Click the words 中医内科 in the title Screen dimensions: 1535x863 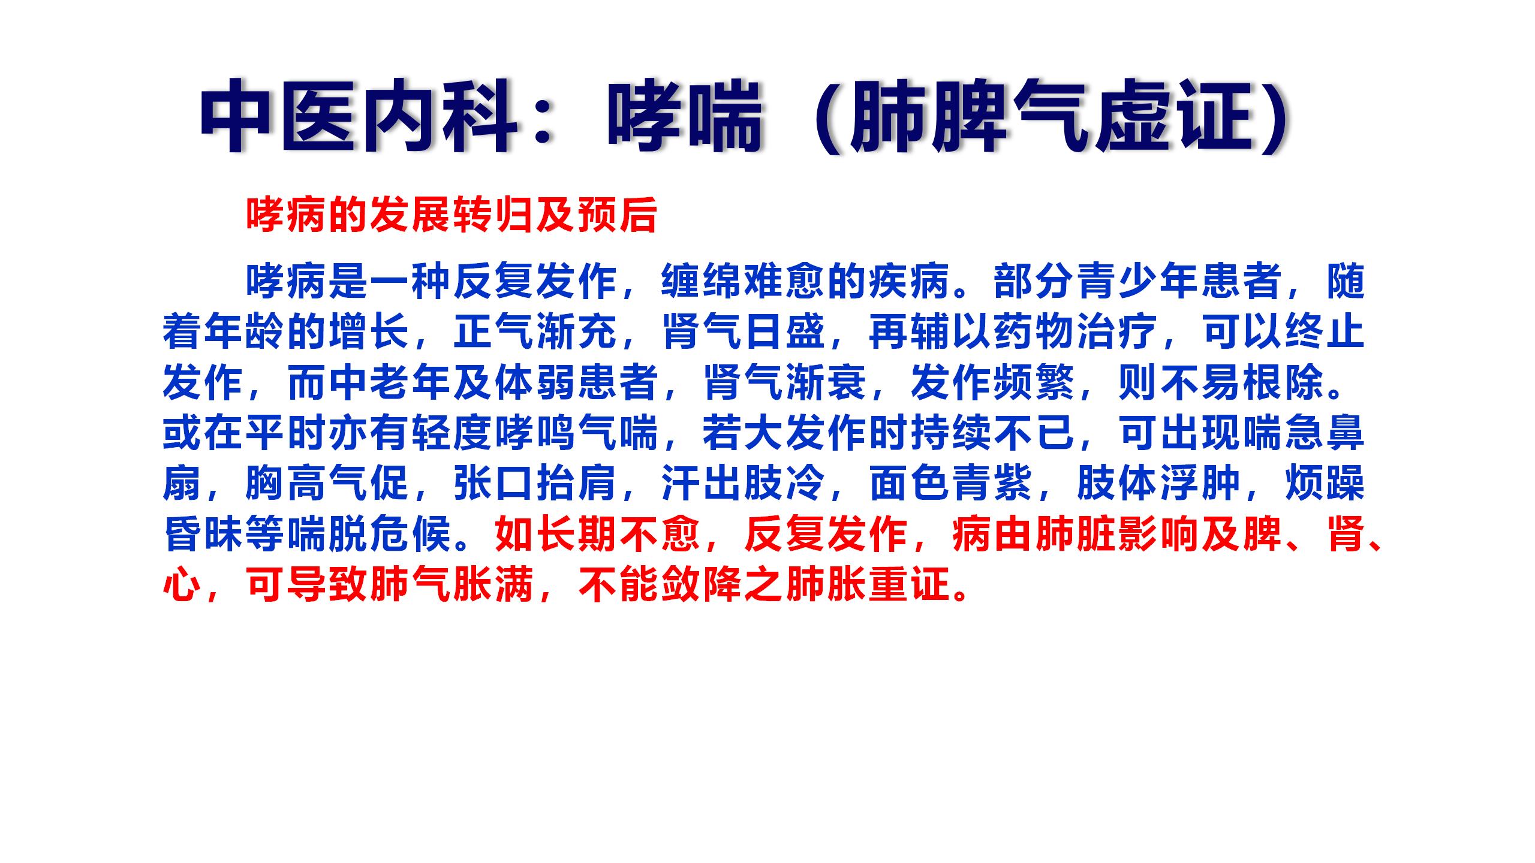coord(359,117)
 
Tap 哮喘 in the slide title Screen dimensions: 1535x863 coord(684,117)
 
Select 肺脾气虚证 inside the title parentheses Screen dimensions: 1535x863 coord(1049,117)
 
